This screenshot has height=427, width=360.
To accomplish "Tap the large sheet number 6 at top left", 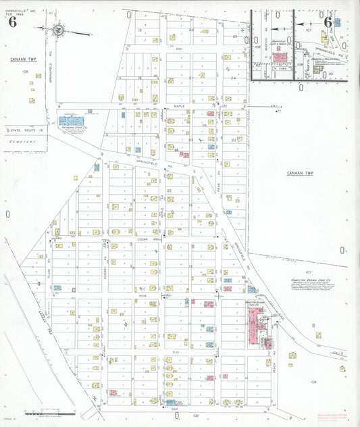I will click(12, 21).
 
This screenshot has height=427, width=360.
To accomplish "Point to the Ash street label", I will click(178, 49).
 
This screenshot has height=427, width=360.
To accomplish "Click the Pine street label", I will click(143, 296).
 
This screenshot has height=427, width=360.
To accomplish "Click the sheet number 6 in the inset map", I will click(328, 21).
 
